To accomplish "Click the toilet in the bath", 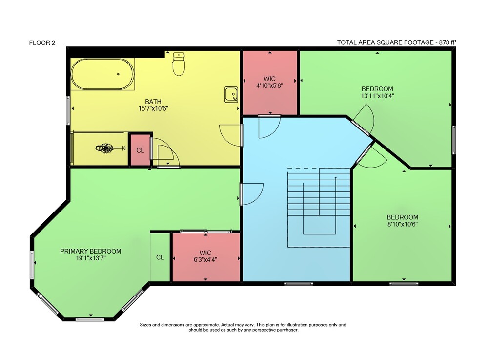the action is pos(179,64).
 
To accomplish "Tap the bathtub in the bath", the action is pos(102,74).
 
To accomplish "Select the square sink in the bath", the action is pos(231,95).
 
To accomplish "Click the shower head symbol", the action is pos(106,148).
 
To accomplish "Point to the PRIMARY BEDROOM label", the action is pos(91,251).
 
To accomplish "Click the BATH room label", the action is pos(153,102).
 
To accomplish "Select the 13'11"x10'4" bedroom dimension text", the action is pos(378,96).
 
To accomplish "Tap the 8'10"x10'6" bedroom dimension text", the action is pos(403,224).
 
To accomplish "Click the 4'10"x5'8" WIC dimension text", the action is pos(269,85).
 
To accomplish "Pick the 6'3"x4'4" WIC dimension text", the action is pos(205,259).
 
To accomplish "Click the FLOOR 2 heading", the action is pos(42,43).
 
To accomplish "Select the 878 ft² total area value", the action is pos(447,42).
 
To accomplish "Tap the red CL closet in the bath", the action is pos(140,150).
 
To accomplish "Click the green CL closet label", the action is pos(160,257).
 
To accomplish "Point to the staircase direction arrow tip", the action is pos(336,177).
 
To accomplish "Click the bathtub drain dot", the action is pos(118,74).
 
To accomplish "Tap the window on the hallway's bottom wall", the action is pos(299,283).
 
